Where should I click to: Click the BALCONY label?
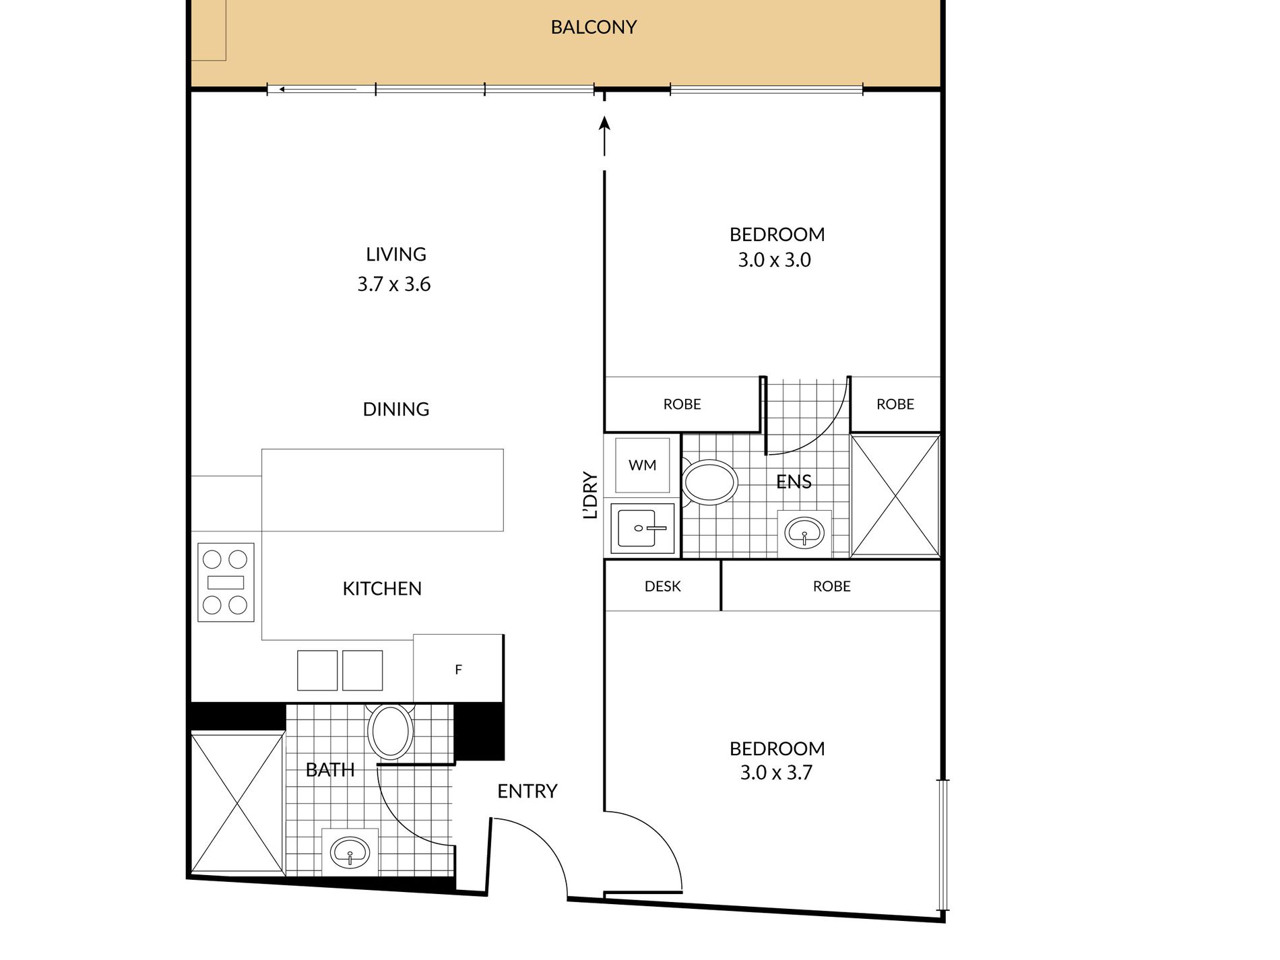coord(594,27)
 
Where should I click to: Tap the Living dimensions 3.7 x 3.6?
coord(394,284)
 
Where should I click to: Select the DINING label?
coord(396,409)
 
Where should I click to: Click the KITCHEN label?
coord(382,589)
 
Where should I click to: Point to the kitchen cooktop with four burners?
coord(226,582)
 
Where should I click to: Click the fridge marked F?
coord(458,669)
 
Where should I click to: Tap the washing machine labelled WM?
coord(642,465)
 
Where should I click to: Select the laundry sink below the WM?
coord(643,528)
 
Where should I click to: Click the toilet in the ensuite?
coord(709,482)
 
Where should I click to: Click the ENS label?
coord(794,482)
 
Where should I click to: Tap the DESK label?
coord(663,587)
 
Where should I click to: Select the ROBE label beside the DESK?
coord(832,587)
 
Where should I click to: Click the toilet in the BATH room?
coord(390,732)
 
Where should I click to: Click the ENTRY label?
coord(527,791)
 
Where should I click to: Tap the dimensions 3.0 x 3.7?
coord(776,773)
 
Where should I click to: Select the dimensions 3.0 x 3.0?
coord(775,260)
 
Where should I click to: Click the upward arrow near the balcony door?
coord(604,136)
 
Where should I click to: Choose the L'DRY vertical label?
coord(590,495)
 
